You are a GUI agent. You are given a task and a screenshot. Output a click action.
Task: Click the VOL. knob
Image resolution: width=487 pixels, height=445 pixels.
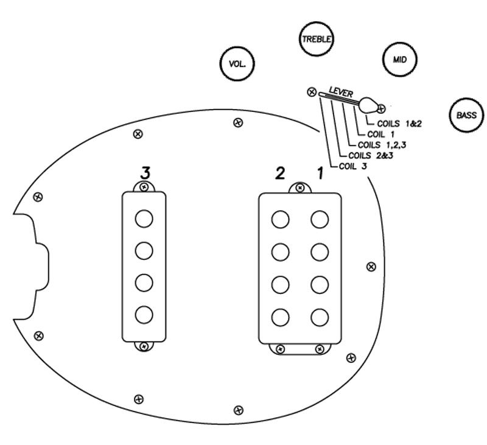pyautogui.click(x=236, y=64)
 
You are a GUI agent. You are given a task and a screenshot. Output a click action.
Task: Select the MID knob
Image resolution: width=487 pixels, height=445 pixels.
pyautogui.click(x=399, y=60)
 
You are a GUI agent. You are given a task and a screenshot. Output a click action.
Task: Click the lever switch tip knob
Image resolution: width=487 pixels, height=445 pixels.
pyautogui.click(x=368, y=105)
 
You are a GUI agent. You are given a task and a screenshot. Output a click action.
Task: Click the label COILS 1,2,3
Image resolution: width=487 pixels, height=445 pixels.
pyautogui.click(x=382, y=145)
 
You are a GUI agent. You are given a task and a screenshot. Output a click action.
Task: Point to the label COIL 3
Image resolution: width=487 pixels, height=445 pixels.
pyautogui.click(x=352, y=166)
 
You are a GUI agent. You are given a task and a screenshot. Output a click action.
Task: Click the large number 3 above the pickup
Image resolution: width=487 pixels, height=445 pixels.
pyautogui.click(x=145, y=172)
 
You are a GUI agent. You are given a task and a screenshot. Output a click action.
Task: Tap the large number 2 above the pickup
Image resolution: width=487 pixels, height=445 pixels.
pyautogui.click(x=280, y=173)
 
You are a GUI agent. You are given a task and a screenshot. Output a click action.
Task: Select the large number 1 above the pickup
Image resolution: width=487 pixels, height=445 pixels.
pyautogui.click(x=319, y=173)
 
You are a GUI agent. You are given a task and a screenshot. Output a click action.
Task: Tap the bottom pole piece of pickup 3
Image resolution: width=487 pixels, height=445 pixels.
pyautogui.click(x=144, y=315)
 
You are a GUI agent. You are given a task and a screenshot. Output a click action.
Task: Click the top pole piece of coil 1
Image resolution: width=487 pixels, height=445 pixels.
pyautogui.click(x=319, y=219)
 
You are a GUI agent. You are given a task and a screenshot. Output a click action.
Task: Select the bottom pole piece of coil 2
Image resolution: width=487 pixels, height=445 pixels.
pyautogui.click(x=281, y=317)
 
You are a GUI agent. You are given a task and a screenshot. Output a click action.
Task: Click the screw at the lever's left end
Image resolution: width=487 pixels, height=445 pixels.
pyautogui.click(x=312, y=92)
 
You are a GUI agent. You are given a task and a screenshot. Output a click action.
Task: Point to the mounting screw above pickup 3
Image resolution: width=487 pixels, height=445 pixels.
pyautogui.click(x=144, y=186)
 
